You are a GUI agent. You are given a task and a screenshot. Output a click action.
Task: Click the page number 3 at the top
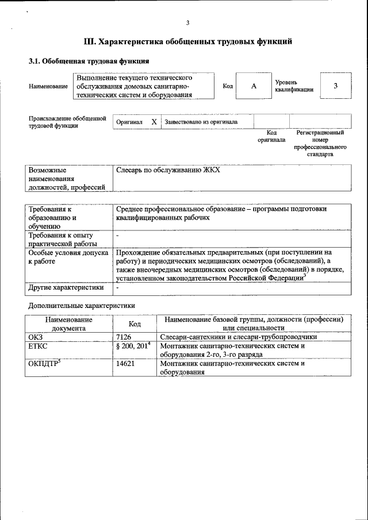tap(187, 22)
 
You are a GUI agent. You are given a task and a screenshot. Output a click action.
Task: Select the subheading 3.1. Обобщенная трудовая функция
tap(89, 61)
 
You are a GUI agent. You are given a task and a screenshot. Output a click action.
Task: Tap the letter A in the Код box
tap(253, 86)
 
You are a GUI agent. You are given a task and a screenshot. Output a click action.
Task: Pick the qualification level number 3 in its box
tap(335, 86)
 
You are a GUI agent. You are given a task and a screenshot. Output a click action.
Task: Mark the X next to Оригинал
tap(154, 122)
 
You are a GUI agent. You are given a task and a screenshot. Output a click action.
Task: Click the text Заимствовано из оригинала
tap(201, 122)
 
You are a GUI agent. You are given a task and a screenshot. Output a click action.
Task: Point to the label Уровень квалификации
tap(294, 86)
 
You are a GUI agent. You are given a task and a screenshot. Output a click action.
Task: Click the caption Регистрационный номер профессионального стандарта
tap(320, 143)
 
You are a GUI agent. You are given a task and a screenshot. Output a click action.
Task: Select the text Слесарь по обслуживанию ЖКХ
tap(168, 171)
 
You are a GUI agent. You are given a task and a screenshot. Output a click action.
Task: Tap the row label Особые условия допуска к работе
tap(68, 256)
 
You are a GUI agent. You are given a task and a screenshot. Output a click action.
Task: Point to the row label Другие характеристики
tap(66, 287)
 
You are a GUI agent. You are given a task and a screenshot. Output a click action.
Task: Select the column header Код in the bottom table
tap(135, 323)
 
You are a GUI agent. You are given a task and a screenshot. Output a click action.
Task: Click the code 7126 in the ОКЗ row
tap(124, 337)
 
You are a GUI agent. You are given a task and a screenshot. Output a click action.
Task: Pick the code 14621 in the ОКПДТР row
tap(125, 364)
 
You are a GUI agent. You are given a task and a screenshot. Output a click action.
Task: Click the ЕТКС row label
tap(37, 346)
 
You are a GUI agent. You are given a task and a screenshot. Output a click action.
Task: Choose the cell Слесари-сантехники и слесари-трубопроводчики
tap(238, 337)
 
